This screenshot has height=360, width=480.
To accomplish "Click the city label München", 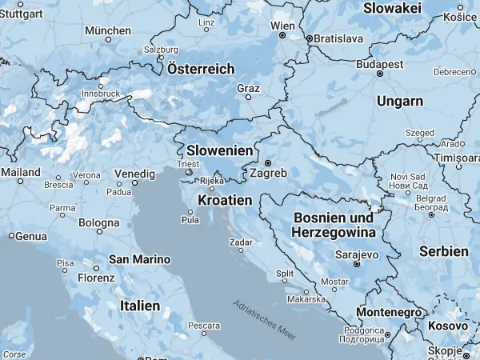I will click(x=107, y=30).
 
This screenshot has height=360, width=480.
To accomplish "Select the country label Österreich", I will click(x=201, y=69).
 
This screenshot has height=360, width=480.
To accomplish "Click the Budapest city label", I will click(x=379, y=62).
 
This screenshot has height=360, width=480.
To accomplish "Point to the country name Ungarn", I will click(x=401, y=101).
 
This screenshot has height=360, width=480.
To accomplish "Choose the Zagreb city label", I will click(x=268, y=173).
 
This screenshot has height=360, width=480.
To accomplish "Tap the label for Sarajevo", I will click(x=356, y=254).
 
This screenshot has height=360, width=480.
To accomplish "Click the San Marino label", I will click(x=140, y=259).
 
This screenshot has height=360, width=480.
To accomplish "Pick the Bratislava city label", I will click(x=338, y=38).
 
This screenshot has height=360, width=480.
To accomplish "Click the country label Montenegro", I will click(x=388, y=311).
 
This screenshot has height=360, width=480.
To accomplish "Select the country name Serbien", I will click(x=443, y=251).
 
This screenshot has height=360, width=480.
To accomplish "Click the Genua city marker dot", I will click(x=11, y=236).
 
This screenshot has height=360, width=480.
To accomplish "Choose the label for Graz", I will click(x=248, y=88).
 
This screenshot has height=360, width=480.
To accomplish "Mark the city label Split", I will click(x=284, y=273).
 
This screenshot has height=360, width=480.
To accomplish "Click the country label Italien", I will click(x=139, y=306).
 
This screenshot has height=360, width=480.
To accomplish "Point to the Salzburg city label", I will click(x=161, y=49).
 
